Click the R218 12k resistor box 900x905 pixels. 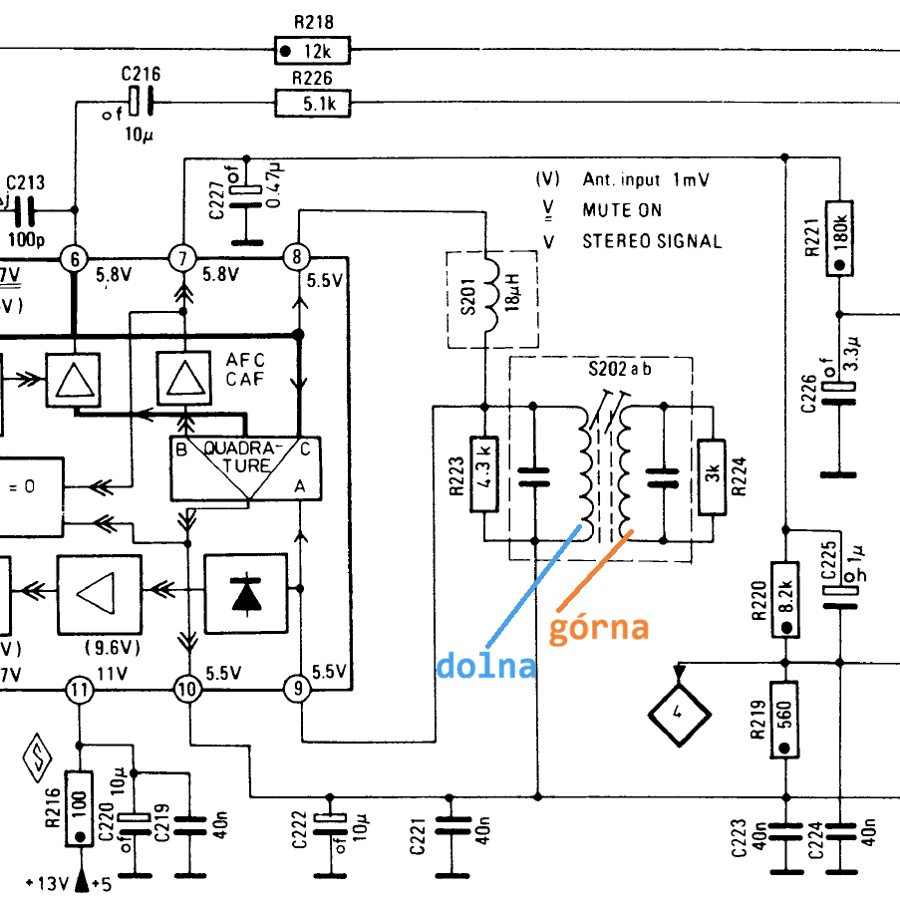(x=312, y=51)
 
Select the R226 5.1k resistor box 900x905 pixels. (x=312, y=104)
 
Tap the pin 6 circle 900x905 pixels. (x=75, y=259)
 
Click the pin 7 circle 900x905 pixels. (x=183, y=258)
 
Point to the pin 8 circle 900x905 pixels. (x=297, y=257)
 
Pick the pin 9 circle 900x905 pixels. (x=298, y=688)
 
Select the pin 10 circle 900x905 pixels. (x=187, y=689)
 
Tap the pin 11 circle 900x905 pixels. (x=79, y=690)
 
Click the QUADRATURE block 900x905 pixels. (x=246, y=468)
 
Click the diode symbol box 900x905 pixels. (x=246, y=594)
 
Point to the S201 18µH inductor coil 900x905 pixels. (x=491, y=294)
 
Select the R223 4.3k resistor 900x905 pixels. (x=485, y=474)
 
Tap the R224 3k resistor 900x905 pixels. (x=712, y=477)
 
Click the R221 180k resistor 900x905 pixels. (x=839, y=238)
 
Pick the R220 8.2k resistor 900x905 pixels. (x=785, y=600)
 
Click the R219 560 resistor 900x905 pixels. (x=784, y=720)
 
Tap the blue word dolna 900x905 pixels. (x=486, y=665)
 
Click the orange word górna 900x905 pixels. (x=599, y=627)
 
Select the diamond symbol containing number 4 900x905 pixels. (x=679, y=715)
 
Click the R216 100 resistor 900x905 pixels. (x=79, y=808)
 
